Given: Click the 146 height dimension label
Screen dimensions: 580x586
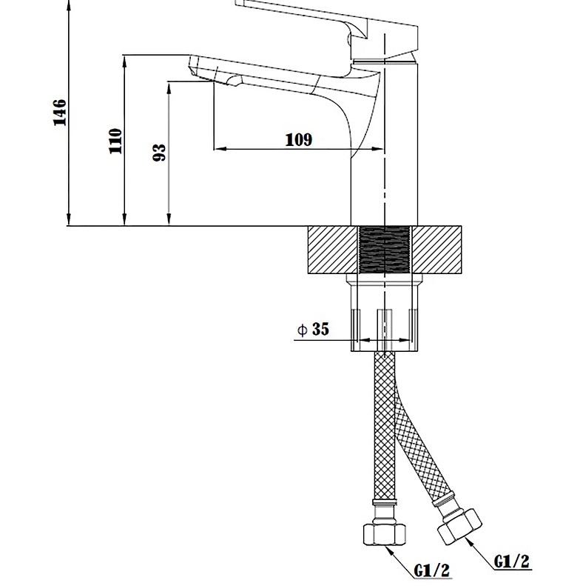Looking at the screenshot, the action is [60, 113].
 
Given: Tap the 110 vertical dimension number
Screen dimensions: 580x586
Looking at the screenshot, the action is [115, 141].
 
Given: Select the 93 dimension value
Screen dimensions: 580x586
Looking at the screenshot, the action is [159, 153].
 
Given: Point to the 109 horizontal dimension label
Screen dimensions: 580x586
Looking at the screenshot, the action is [299, 140].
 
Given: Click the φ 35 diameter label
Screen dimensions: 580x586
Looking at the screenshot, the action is [313, 329].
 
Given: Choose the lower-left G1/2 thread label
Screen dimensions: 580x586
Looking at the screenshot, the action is [432, 570].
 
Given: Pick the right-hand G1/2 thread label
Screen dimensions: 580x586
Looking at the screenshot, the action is [512, 562].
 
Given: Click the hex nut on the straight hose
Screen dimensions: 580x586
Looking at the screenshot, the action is [385, 534].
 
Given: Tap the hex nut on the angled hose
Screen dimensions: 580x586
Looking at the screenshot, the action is [459, 527].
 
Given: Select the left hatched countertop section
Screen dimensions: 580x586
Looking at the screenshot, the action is [333, 250].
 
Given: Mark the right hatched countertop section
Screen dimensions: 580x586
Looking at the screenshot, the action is [436, 250].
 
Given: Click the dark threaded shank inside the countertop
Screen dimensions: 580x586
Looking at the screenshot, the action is [384, 250].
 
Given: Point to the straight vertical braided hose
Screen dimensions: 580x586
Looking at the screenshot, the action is [384, 425].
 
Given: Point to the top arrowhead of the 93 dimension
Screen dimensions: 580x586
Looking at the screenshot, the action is [169, 88].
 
